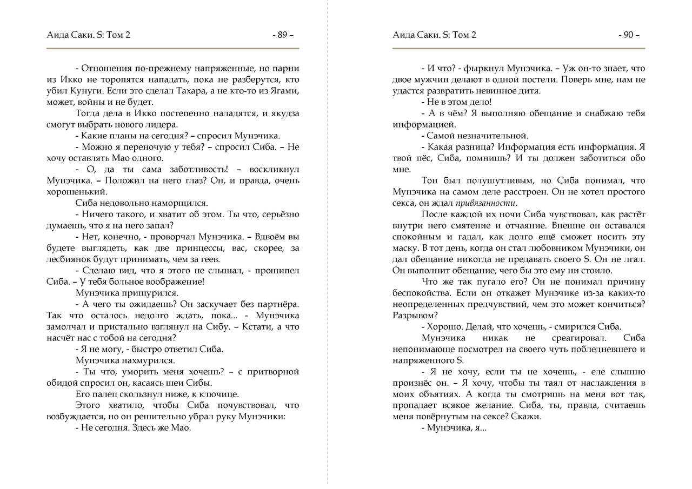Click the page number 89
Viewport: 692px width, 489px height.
pyautogui.click(x=282, y=35)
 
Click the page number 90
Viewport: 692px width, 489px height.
pyautogui.click(x=628, y=35)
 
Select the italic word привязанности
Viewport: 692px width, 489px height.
pyautogui.click(x=486, y=203)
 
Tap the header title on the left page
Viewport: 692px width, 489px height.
pyautogui.click(x=89, y=35)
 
